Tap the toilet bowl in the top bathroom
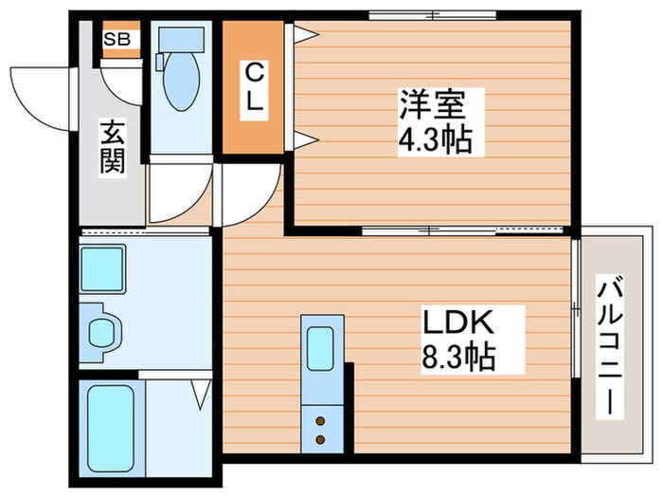(179, 83)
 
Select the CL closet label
(253, 87)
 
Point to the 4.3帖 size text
(434, 143)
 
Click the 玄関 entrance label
(111, 147)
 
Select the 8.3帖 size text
(459, 360)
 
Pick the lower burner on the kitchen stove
(321, 438)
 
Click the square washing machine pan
(103, 268)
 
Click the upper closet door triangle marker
(304, 35)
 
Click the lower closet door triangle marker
(304, 141)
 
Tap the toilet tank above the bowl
(179, 40)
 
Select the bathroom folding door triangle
(202, 392)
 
